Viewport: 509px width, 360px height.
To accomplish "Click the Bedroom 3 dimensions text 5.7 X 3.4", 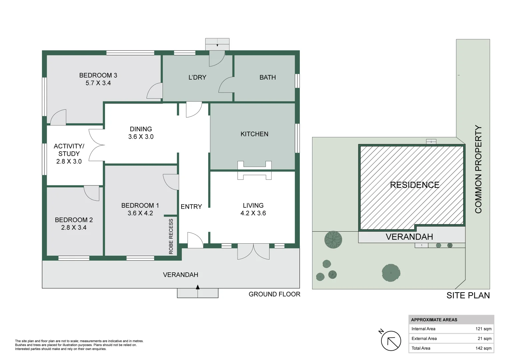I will [x=98, y=83].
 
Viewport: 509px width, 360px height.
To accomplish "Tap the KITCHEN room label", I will [x=254, y=134].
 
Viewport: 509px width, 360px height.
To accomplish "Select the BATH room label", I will [x=267, y=77].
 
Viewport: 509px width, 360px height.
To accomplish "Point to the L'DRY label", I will [x=197, y=77].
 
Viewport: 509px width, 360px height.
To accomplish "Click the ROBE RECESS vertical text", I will [x=171, y=236].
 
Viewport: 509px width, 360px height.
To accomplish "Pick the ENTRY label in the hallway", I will [x=191, y=207].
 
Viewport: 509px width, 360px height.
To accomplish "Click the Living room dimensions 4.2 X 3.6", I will [x=253, y=213].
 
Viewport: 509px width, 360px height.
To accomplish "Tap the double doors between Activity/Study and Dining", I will [x=97, y=145].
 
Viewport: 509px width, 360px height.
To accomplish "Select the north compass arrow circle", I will [x=391, y=341].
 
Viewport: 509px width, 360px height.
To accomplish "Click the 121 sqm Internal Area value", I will [x=483, y=329].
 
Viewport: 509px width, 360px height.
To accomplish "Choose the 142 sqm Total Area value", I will [x=483, y=348].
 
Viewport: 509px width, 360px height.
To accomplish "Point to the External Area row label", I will [x=424, y=339].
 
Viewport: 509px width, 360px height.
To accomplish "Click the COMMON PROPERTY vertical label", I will [x=478, y=169].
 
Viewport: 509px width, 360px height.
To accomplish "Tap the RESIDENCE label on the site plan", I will [x=414, y=185].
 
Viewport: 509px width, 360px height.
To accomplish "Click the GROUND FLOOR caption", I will [x=274, y=294].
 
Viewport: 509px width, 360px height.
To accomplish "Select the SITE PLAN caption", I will [x=468, y=296].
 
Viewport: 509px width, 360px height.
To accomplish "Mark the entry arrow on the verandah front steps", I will [x=198, y=287].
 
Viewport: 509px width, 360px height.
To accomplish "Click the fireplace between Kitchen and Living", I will [x=254, y=170].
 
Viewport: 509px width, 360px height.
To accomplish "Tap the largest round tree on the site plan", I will [x=391, y=273].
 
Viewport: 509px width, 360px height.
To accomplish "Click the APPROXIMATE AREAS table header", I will [x=434, y=320].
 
